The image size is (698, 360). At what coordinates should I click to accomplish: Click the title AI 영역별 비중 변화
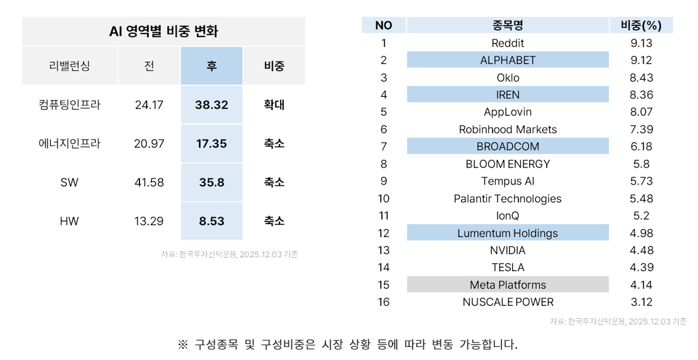pyautogui.click(x=163, y=31)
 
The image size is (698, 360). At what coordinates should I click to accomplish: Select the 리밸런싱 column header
pyautogui.click(x=69, y=66)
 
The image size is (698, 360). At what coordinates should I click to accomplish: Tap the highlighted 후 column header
pyautogui.click(x=211, y=66)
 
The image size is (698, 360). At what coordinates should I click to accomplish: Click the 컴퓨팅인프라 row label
pyautogui.click(x=69, y=105)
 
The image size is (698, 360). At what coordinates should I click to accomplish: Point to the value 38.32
pyautogui.click(x=211, y=105)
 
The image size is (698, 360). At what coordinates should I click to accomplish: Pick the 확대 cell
pyautogui.click(x=274, y=105)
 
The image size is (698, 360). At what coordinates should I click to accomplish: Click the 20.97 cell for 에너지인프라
pyautogui.click(x=149, y=144)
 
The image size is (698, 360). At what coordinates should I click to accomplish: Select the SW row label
pyautogui.click(x=69, y=182)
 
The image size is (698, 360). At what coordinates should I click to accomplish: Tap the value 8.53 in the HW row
pyautogui.click(x=211, y=221)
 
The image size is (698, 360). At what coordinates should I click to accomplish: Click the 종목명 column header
pyautogui.click(x=507, y=25)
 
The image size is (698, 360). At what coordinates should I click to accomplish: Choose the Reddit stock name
pyautogui.click(x=507, y=43)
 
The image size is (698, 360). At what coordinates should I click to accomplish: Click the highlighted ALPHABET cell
pyautogui.click(x=507, y=60)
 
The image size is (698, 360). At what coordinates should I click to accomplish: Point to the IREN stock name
pyautogui.click(x=507, y=95)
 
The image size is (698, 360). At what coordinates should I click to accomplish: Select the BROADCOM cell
pyautogui.click(x=507, y=146)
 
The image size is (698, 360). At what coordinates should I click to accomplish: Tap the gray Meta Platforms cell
pyautogui.click(x=507, y=285)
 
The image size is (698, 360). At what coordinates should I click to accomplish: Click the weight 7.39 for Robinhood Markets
pyautogui.click(x=641, y=129)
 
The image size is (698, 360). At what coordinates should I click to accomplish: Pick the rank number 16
pyautogui.click(x=384, y=302)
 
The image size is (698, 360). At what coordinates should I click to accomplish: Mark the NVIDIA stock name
pyautogui.click(x=507, y=250)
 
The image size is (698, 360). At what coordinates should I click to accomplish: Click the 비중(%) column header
pyautogui.click(x=641, y=25)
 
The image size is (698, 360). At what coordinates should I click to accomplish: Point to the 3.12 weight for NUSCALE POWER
pyautogui.click(x=641, y=302)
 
